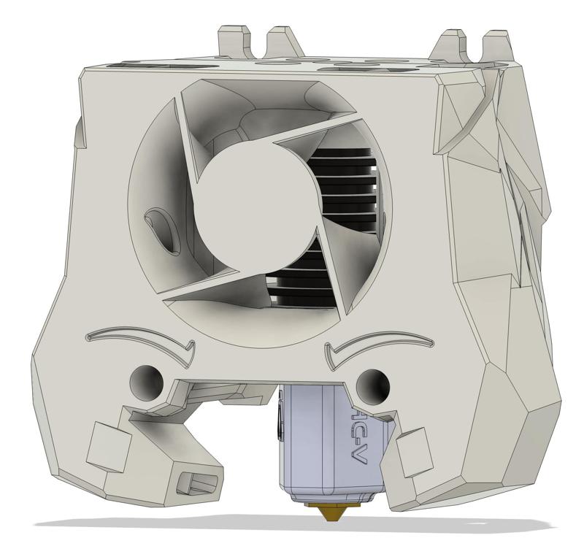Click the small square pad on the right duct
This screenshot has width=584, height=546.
412,447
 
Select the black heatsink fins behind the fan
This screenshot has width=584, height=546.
343,182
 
